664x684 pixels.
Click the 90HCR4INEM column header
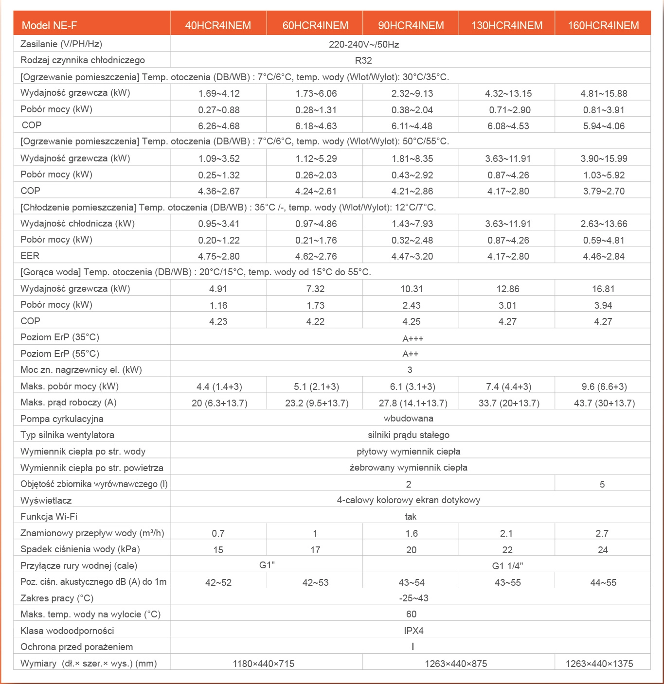pos(411,25)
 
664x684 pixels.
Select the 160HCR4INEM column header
pos(603,25)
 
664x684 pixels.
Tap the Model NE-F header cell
pos(50,25)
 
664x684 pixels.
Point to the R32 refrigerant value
pos(363,61)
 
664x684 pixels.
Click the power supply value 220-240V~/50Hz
pos(364,45)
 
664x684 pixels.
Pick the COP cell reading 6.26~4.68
pos(219,126)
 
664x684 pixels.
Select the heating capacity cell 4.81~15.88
pos(604,93)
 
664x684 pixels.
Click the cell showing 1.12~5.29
pos(316,158)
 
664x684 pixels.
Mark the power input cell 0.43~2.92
pos(412,175)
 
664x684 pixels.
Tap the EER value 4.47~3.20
pos(412,256)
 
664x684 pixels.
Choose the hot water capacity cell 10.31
pos(412,289)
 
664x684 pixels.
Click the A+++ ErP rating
pos(413,338)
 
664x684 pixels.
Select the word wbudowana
pos(409,419)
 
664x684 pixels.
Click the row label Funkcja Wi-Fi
pos(49,516)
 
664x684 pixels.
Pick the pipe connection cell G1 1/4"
pos(507,566)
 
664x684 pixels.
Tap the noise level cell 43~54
pos(412,582)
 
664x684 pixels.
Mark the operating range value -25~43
pos(413,598)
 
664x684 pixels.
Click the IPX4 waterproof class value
pos(413,631)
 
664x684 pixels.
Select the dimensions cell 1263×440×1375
pos(599,664)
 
